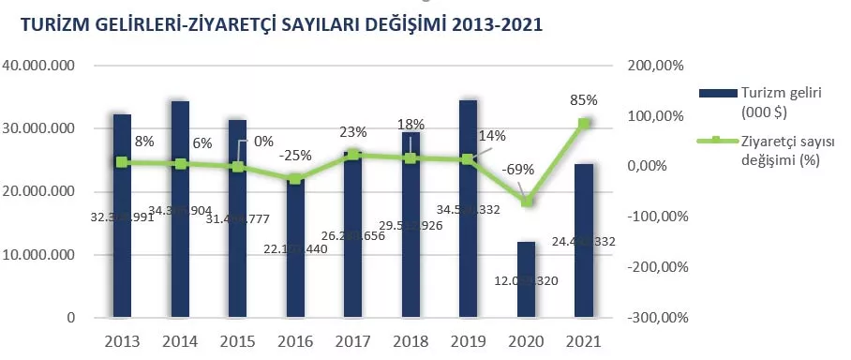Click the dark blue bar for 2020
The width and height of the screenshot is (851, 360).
526,281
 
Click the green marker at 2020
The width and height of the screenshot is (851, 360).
527,202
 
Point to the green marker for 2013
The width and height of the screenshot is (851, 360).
123,162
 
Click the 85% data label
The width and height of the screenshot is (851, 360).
583,100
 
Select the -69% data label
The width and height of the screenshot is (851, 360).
518,169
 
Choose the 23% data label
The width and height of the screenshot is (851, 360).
353,132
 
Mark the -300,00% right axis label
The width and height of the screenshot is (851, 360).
653,318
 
